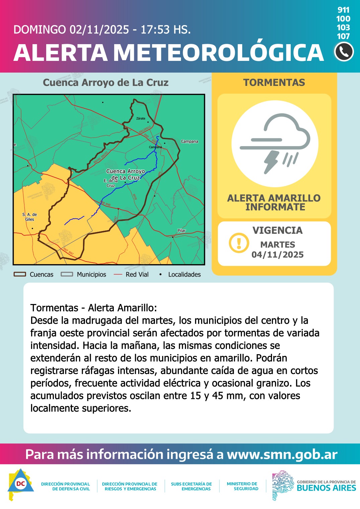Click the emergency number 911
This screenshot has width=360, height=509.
tap(343, 10)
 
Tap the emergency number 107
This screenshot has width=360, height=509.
tap(343, 36)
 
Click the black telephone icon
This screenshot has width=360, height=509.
tap(344, 52)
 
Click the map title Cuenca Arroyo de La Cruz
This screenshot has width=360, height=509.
tap(106, 83)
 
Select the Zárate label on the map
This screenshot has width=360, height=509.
tap(141, 118)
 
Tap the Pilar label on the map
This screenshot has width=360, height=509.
tap(181, 230)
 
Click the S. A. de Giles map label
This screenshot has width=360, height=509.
tap(30, 217)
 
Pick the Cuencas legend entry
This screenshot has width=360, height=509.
tap(34, 274)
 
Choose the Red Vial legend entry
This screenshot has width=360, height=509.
tap(131, 274)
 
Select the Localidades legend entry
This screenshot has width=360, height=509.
tap(181, 274)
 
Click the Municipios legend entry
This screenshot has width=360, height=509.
tap(84, 274)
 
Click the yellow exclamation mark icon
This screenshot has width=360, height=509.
tap(239, 243)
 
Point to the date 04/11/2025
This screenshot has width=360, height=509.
tap(277, 254)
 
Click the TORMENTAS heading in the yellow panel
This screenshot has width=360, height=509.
tap(274, 83)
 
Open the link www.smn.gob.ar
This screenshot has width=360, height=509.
tap(282, 454)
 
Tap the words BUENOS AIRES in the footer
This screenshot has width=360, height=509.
tap(326, 488)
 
